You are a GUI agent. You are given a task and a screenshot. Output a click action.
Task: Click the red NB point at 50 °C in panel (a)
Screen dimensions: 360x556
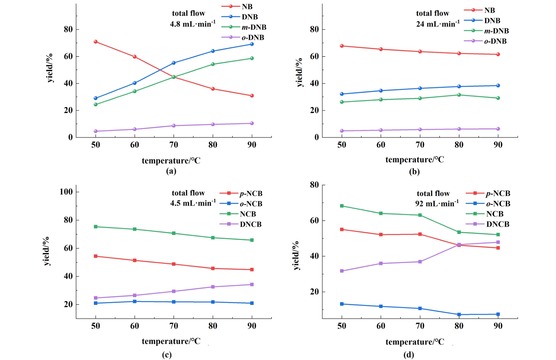(x=96, y=42)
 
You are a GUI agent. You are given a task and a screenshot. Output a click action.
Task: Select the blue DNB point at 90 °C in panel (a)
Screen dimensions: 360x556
(x=252, y=44)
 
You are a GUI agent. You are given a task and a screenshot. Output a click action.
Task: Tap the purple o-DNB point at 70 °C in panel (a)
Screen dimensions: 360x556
(x=174, y=126)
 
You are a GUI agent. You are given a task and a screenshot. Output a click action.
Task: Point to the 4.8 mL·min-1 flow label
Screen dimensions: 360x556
(x=193, y=24)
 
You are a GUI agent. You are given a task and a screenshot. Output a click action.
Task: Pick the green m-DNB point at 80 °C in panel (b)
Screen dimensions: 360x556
(x=459, y=95)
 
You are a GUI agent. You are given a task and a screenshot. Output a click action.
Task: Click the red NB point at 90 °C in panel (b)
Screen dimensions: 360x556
(x=498, y=54)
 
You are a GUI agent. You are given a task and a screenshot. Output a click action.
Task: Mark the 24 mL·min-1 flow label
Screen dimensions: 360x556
(x=438, y=24)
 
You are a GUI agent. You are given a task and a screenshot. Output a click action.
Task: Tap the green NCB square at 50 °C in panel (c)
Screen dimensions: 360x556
(x=96, y=227)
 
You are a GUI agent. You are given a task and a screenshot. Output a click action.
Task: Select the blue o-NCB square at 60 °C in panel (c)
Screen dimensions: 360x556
(x=135, y=301)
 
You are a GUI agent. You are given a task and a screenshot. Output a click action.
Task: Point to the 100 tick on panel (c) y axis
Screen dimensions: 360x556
(x=66, y=192)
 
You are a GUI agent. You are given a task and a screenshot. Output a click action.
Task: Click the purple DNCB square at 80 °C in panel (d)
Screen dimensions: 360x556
(x=459, y=245)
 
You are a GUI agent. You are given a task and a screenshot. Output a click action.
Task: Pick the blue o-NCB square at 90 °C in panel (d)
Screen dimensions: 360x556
(x=498, y=314)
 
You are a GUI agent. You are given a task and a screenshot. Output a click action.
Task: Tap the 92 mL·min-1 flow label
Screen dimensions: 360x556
(x=437, y=204)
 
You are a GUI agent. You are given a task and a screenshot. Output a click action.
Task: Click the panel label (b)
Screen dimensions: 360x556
(x=414, y=172)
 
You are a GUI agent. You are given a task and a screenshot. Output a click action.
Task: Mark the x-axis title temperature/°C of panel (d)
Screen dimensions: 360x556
(x=415, y=342)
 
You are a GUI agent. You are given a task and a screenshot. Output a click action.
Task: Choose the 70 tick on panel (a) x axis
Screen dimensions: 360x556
(x=174, y=145)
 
